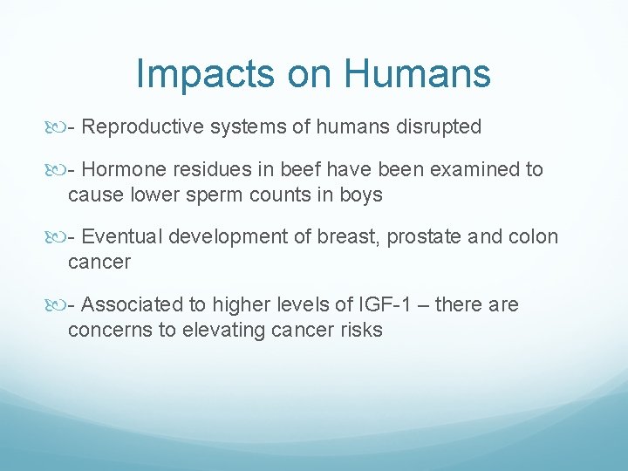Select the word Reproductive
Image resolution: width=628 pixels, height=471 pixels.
point(140,127)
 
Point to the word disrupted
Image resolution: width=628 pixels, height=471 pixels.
point(438,127)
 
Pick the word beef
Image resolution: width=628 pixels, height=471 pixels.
point(303,170)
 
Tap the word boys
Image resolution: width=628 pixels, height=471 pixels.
point(361,195)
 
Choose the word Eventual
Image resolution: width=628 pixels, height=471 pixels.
point(124,237)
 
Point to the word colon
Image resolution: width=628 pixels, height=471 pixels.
point(533,237)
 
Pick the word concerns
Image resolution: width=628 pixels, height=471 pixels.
point(106,330)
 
